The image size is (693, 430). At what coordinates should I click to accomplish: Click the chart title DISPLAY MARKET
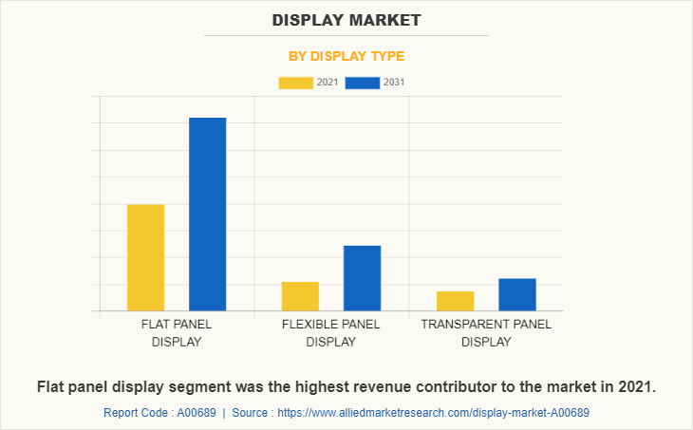346,19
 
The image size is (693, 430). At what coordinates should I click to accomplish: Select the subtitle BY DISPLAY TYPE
346,56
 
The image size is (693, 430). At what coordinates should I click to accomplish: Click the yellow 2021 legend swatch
295,83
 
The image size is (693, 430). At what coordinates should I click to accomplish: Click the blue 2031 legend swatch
362,83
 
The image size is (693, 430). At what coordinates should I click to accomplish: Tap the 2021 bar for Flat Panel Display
145,257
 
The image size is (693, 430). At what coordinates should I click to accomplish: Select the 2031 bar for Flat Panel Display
207,214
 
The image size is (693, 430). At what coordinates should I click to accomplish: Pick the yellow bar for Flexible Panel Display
300,296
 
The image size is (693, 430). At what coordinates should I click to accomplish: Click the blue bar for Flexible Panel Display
362,278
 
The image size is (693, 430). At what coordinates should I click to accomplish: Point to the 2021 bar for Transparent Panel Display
455,301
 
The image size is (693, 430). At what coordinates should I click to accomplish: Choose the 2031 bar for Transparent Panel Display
517,294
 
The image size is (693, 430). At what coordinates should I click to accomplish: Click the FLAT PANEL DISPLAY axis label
177,332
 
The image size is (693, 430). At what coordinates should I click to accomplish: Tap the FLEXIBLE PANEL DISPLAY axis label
330,332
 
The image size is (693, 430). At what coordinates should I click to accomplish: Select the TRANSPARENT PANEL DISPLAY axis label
486,332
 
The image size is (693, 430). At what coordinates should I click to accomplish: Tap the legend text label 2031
394,83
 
